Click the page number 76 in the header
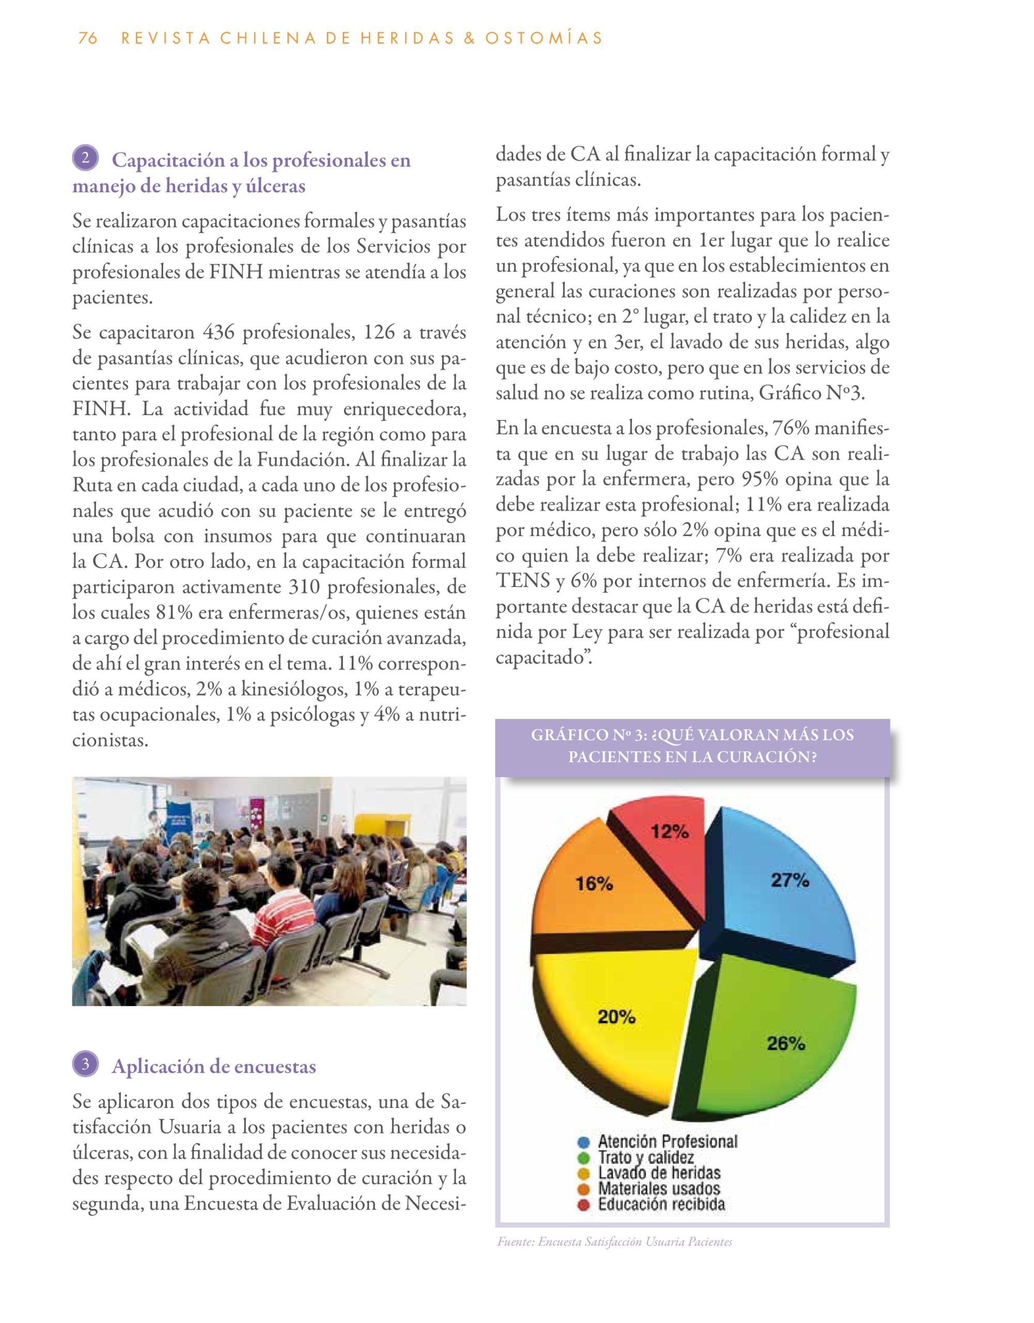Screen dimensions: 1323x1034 click(88, 38)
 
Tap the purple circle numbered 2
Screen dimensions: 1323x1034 click(85, 158)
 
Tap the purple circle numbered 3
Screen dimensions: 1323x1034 click(85, 1064)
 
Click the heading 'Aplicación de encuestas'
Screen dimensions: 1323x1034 click(214, 1066)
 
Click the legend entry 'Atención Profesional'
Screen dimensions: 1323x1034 click(668, 1142)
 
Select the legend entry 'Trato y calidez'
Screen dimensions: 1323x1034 click(646, 1158)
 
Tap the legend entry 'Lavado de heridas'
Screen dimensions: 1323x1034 click(659, 1173)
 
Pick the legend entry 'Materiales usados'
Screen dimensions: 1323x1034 click(659, 1189)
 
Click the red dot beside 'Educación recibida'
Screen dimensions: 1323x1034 click(584, 1205)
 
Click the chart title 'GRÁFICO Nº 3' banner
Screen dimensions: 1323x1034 click(692, 746)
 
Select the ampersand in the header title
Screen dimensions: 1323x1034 click(467, 38)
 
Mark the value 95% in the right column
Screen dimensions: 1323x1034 click(761, 479)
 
